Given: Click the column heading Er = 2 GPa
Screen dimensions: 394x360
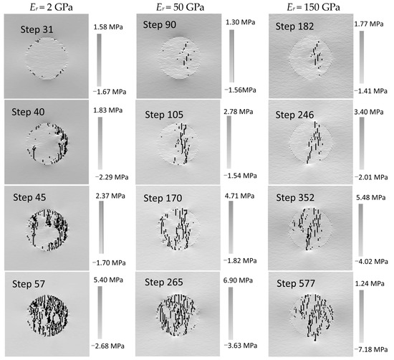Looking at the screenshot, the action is [52, 7].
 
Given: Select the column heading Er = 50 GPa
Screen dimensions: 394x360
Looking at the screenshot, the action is [180, 7].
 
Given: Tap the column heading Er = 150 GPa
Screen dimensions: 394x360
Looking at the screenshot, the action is [313, 7].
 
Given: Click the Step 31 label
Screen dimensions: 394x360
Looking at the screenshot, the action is [37, 29].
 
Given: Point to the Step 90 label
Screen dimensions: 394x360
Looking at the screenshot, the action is [160, 24].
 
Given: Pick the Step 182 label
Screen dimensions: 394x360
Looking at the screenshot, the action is [294, 27].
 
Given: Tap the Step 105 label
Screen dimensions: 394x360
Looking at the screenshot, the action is [164, 115].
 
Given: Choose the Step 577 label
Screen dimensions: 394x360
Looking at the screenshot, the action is [296, 283].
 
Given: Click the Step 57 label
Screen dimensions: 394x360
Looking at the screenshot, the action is [29, 284].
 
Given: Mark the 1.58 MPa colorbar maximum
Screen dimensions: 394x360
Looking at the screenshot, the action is [108, 27].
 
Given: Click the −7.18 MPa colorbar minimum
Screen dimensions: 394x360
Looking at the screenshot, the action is [371, 349].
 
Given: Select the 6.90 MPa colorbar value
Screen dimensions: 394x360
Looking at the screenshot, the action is [238, 280].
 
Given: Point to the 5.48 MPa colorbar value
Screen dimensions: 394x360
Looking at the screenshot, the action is [371, 197].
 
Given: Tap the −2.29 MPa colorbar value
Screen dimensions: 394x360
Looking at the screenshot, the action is [112, 177].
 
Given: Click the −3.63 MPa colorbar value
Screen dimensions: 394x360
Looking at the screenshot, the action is [241, 346].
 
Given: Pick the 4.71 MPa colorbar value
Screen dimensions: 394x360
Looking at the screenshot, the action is [240, 196].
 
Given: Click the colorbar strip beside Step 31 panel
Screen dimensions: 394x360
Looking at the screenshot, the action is [100, 60].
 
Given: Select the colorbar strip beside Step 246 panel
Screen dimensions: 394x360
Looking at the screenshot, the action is [362, 143].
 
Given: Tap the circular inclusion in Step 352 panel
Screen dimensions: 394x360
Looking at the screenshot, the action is [311, 229].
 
